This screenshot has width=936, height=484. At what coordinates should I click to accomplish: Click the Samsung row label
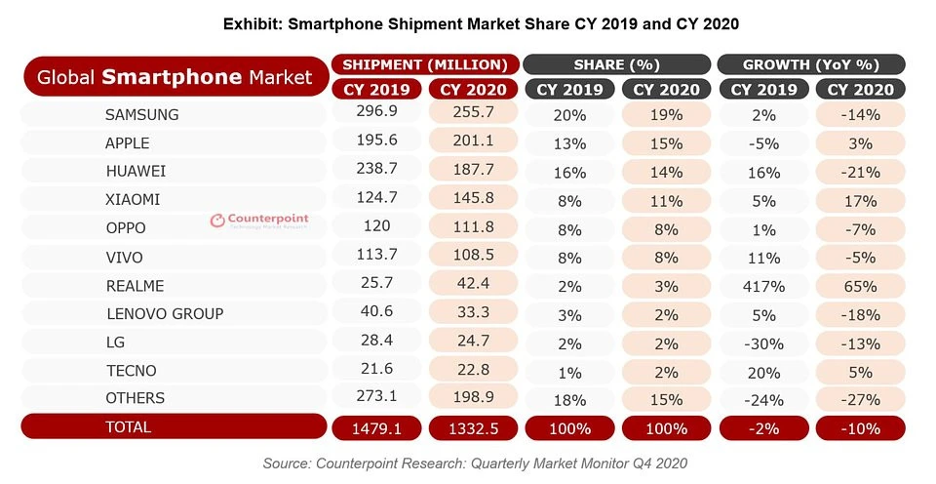(x=141, y=115)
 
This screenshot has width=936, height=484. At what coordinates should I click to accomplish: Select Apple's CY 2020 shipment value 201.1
(x=473, y=142)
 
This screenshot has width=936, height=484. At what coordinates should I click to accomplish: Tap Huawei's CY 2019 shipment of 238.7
(x=375, y=171)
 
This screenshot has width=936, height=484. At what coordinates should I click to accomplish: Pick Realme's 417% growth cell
(x=763, y=288)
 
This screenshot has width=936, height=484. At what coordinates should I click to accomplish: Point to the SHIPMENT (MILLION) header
(x=424, y=65)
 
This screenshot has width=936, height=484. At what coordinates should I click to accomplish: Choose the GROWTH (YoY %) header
(x=811, y=65)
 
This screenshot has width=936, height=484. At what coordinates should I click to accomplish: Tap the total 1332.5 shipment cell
(x=473, y=428)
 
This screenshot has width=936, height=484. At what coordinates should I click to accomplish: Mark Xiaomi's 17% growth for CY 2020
(x=860, y=201)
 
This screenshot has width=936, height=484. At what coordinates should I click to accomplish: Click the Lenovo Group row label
(x=164, y=314)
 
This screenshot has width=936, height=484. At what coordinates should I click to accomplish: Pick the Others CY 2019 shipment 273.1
(x=375, y=398)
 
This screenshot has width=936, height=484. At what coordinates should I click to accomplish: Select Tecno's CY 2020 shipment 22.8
(x=473, y=371)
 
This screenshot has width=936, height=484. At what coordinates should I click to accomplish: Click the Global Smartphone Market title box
(x=175, y=76)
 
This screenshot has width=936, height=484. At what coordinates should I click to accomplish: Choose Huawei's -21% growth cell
(x=860, y=172)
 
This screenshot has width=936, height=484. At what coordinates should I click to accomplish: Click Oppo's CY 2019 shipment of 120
(x=375, y=226)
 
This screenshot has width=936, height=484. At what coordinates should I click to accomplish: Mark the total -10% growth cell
(x=860, y=428)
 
